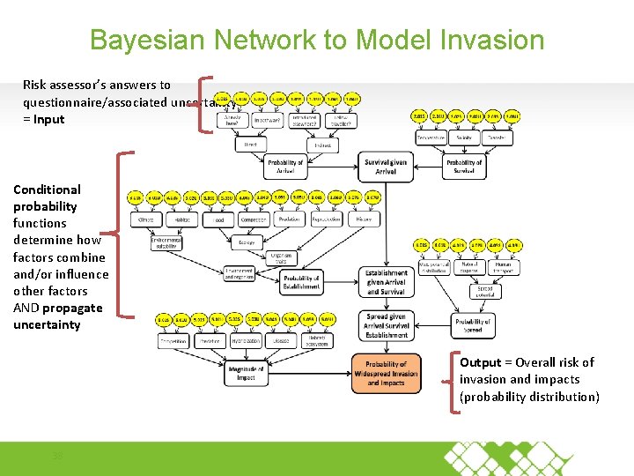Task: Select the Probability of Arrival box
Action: point(284,166)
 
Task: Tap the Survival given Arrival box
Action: point(386,166)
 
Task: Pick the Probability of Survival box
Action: point(464,166)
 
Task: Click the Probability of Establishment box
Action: point(302,282)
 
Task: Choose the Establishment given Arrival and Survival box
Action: point(386,282)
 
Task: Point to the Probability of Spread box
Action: point(473,326)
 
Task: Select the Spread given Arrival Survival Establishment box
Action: point(386,325)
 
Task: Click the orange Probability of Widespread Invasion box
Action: point(386,374)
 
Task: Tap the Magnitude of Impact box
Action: point(247,373)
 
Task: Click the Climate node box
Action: point(146,219)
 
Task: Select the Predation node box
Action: point(288,219)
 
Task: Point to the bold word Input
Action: point(49,119)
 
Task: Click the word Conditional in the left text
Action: point(47,190)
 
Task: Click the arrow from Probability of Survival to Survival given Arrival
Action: point(428,166)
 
